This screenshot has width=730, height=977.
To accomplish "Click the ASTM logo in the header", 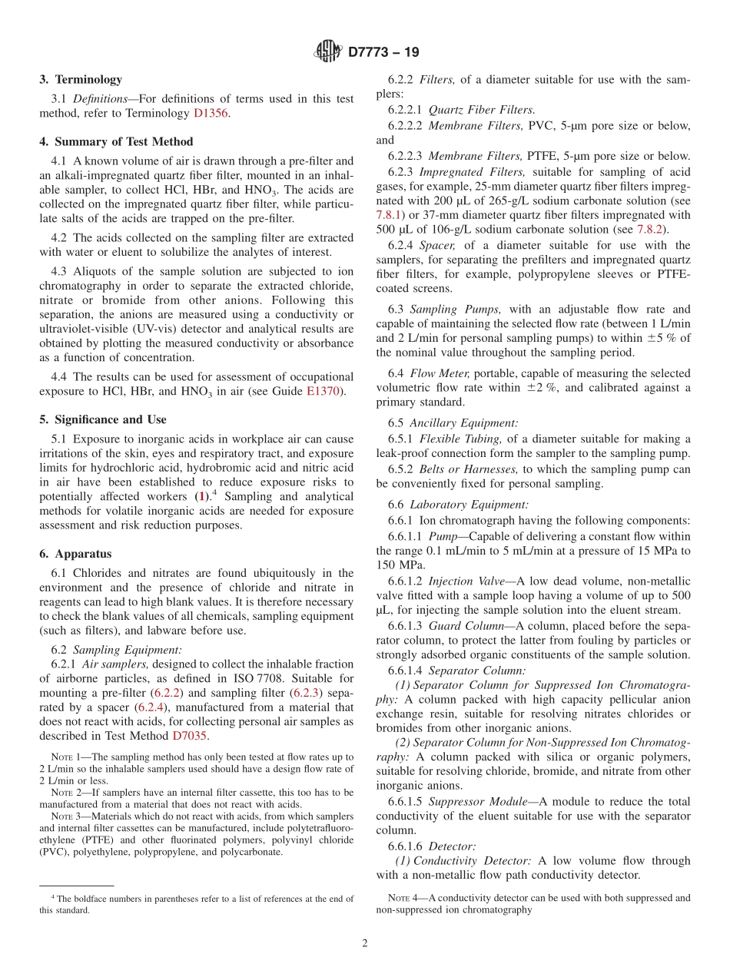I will (x=328, y=52).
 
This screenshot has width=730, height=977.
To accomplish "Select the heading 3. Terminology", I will (x=81, y=79).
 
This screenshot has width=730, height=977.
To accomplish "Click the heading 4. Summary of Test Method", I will (x=116, y=141).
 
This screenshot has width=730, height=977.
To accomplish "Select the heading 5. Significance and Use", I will (x=103, y=419).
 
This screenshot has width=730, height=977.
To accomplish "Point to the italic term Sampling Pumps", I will (x=445, y=310).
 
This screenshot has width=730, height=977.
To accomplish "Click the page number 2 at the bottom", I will (x=365, y=944).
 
